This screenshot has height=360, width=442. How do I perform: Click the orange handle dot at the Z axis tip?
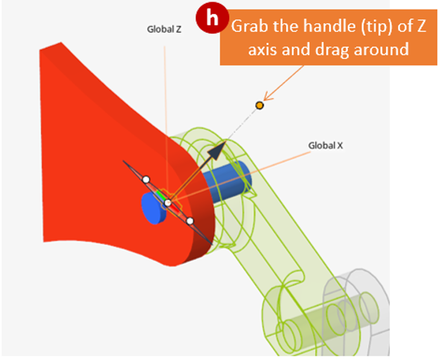[259, 105]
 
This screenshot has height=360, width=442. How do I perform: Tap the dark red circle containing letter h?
[212, 18]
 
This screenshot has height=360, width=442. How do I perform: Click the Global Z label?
[164, 29]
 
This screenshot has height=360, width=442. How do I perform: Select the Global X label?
[326, 146]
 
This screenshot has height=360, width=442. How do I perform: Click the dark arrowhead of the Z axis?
[217, 151]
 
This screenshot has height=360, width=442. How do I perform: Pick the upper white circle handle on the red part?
[146, 179]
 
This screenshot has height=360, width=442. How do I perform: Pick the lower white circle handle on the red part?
[190, 221]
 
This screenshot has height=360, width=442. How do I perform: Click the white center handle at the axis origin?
[168, 202]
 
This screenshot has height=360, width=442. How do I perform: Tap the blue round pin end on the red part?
[154, 208]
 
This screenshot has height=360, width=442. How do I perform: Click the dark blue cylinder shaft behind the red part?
[228, 181]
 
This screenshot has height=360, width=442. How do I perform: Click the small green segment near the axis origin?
[161, 195]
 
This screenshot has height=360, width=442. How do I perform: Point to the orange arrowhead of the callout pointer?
[268, 96]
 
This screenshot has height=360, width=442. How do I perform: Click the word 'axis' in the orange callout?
[263, 50]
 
